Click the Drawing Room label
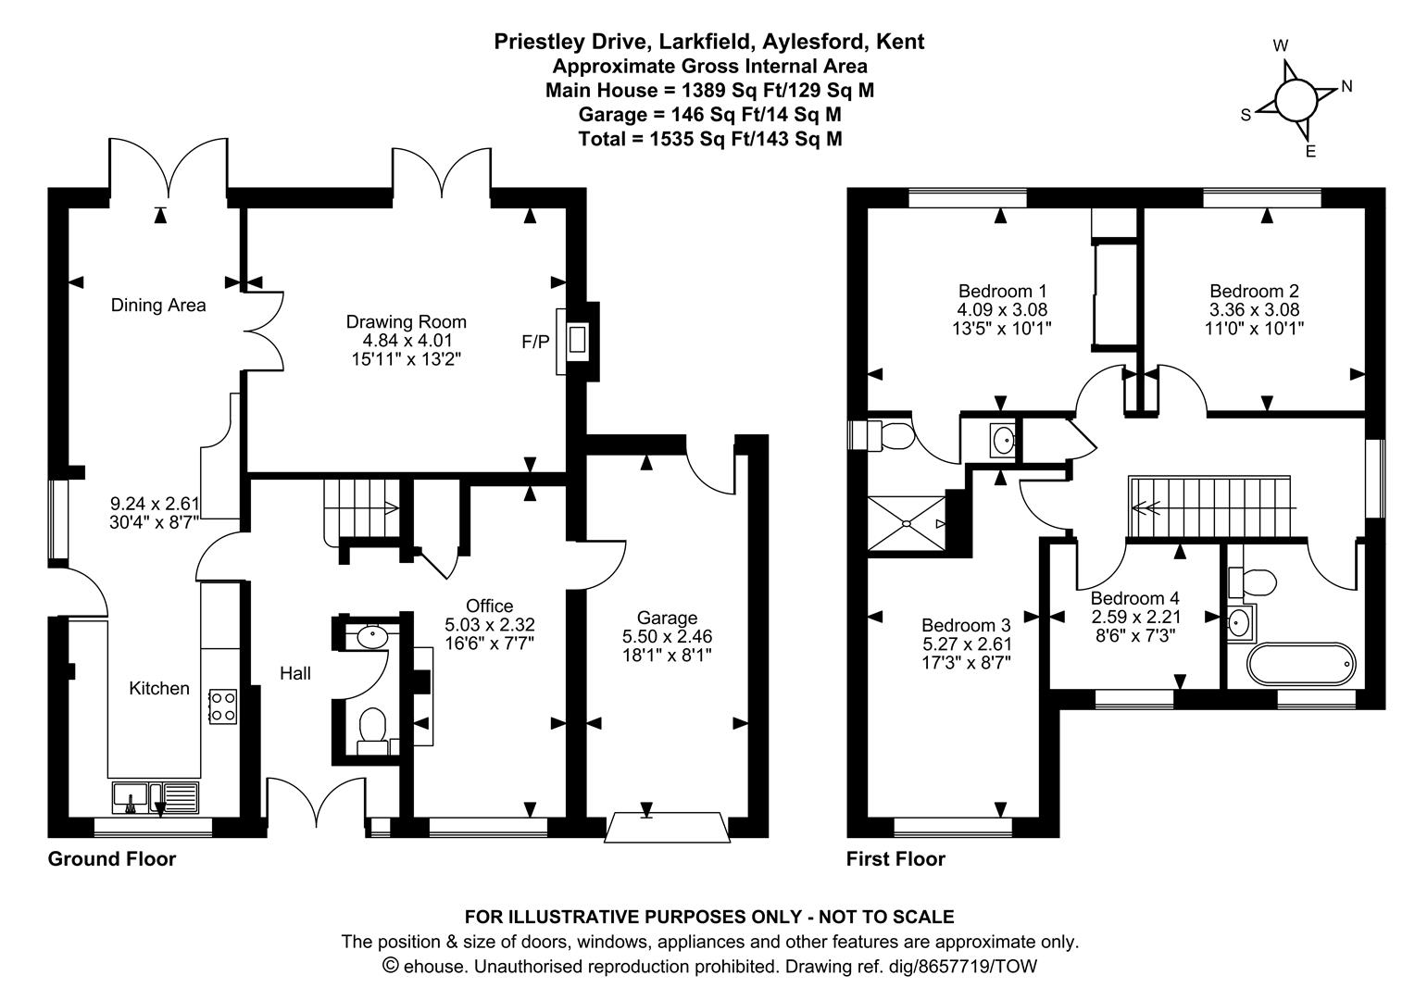click(406, 322)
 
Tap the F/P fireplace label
click(534, 342)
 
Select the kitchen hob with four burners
click(223, 706)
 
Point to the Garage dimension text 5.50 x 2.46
click(667, 637)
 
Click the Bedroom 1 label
click(1002, 290)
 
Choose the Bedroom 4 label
click(1134, 598)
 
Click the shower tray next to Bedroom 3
click(907, 523)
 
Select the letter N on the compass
click(1346, 86)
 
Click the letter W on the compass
click(1281, 45)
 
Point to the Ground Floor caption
click(111, 859)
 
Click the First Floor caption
click(895, 859)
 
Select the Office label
click(489, 606)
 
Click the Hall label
click(295, 674)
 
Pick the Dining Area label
click(158, 305)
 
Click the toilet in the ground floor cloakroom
click(372, 725)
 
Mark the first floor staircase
click(1208, 506)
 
